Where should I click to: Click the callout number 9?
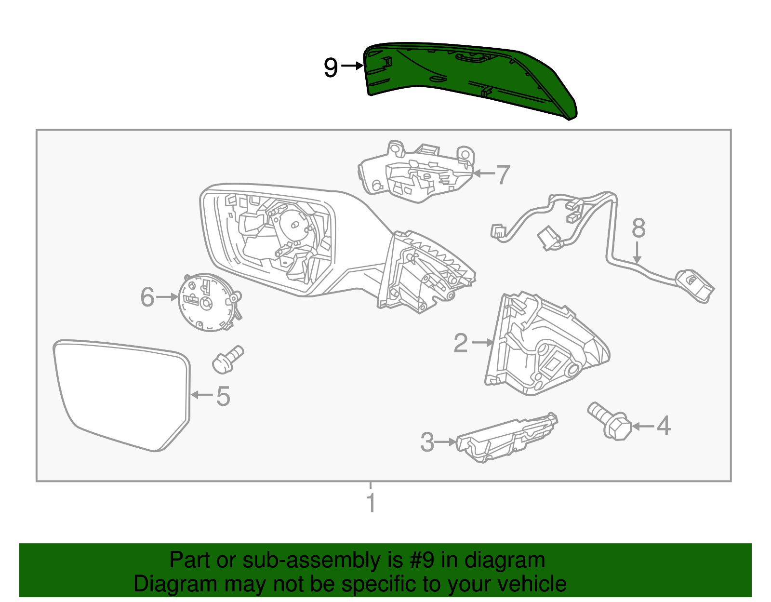pyautogui.click(x=331, y=67)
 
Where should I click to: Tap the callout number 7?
pyautogui.click(x=503, y=174)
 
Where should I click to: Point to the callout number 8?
pyautogui.click(x=638, y=228)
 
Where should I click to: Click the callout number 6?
pyautogui.click(x=147, y=297)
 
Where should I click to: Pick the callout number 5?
pyautogui.click(x=223, y=396)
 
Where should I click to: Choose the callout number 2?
pyautogui.click(x=461, y=343)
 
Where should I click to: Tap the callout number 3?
pyautogui.click(x=427, y=442)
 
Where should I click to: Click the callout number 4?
pyautogui.click(x=664, y=426)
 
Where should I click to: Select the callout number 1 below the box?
pyautogui.click(x=371, y=503)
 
